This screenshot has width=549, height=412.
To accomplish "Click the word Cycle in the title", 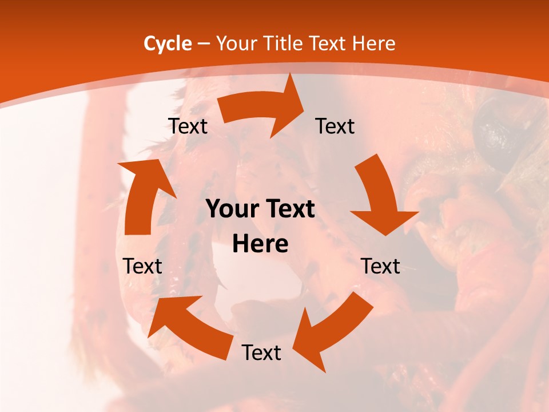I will coord(168,43).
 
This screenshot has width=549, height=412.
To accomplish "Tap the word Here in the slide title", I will coord(373,43).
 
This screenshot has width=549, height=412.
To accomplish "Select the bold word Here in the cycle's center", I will coord(260,244).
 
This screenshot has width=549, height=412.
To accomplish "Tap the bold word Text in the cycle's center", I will coord(289,209).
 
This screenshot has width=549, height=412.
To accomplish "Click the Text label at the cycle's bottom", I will coord(261,352).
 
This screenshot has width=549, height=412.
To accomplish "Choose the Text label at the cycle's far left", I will coord(143,266).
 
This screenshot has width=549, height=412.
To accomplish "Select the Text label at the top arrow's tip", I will coord(335,126).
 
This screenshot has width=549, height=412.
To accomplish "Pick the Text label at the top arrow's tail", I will coord(188,126).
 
